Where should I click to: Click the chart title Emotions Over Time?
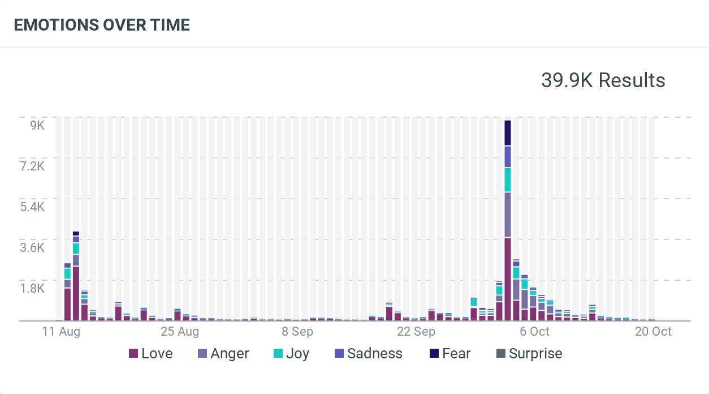pos(102,25)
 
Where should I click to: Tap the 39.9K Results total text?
pos(603,80)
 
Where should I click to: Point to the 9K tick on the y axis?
pos(37,125)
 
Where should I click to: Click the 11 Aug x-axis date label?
pos(61,332)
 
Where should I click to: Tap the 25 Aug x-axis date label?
pos(180,332)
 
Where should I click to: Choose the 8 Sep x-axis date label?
pos(297,332)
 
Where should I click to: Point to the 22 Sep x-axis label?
pos(416,332)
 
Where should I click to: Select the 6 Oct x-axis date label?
pos(534,332)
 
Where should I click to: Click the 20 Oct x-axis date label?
pos(653,332)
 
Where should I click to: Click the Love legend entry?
pos(150,354)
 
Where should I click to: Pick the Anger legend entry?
pos(223,354)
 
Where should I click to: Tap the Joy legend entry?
pos(291,354)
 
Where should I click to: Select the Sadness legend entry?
pos(368,354)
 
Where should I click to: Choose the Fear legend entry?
pos(450,354)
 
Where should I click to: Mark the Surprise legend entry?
pos(529,354)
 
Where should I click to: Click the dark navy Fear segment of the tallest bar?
pos(508,134)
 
